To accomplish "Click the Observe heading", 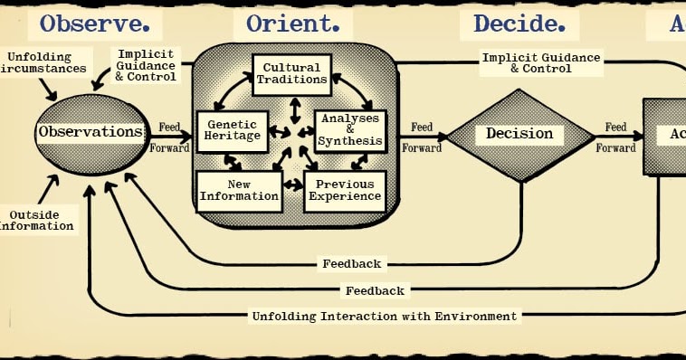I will tap(95, 24).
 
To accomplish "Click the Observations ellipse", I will tap(91, 132).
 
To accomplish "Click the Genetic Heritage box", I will tap(233, 131).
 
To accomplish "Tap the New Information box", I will tap(239, 190).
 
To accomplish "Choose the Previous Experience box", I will tap(344, 190).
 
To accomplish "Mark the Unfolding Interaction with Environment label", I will tap(384, 317).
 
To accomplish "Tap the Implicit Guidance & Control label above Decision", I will tap(540, 62).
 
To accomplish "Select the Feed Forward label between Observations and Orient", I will tap(168, 135).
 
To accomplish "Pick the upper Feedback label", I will tap(351, 264).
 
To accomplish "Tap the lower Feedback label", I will tap(374, 290).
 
